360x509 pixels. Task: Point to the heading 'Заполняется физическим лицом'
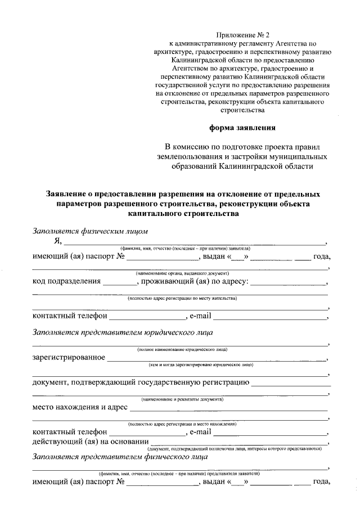tap(90, 231)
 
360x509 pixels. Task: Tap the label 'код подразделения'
tap(67, 281)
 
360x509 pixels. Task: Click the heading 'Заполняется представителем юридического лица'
tap(122, 332)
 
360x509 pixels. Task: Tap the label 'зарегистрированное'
tap(69, 357)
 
